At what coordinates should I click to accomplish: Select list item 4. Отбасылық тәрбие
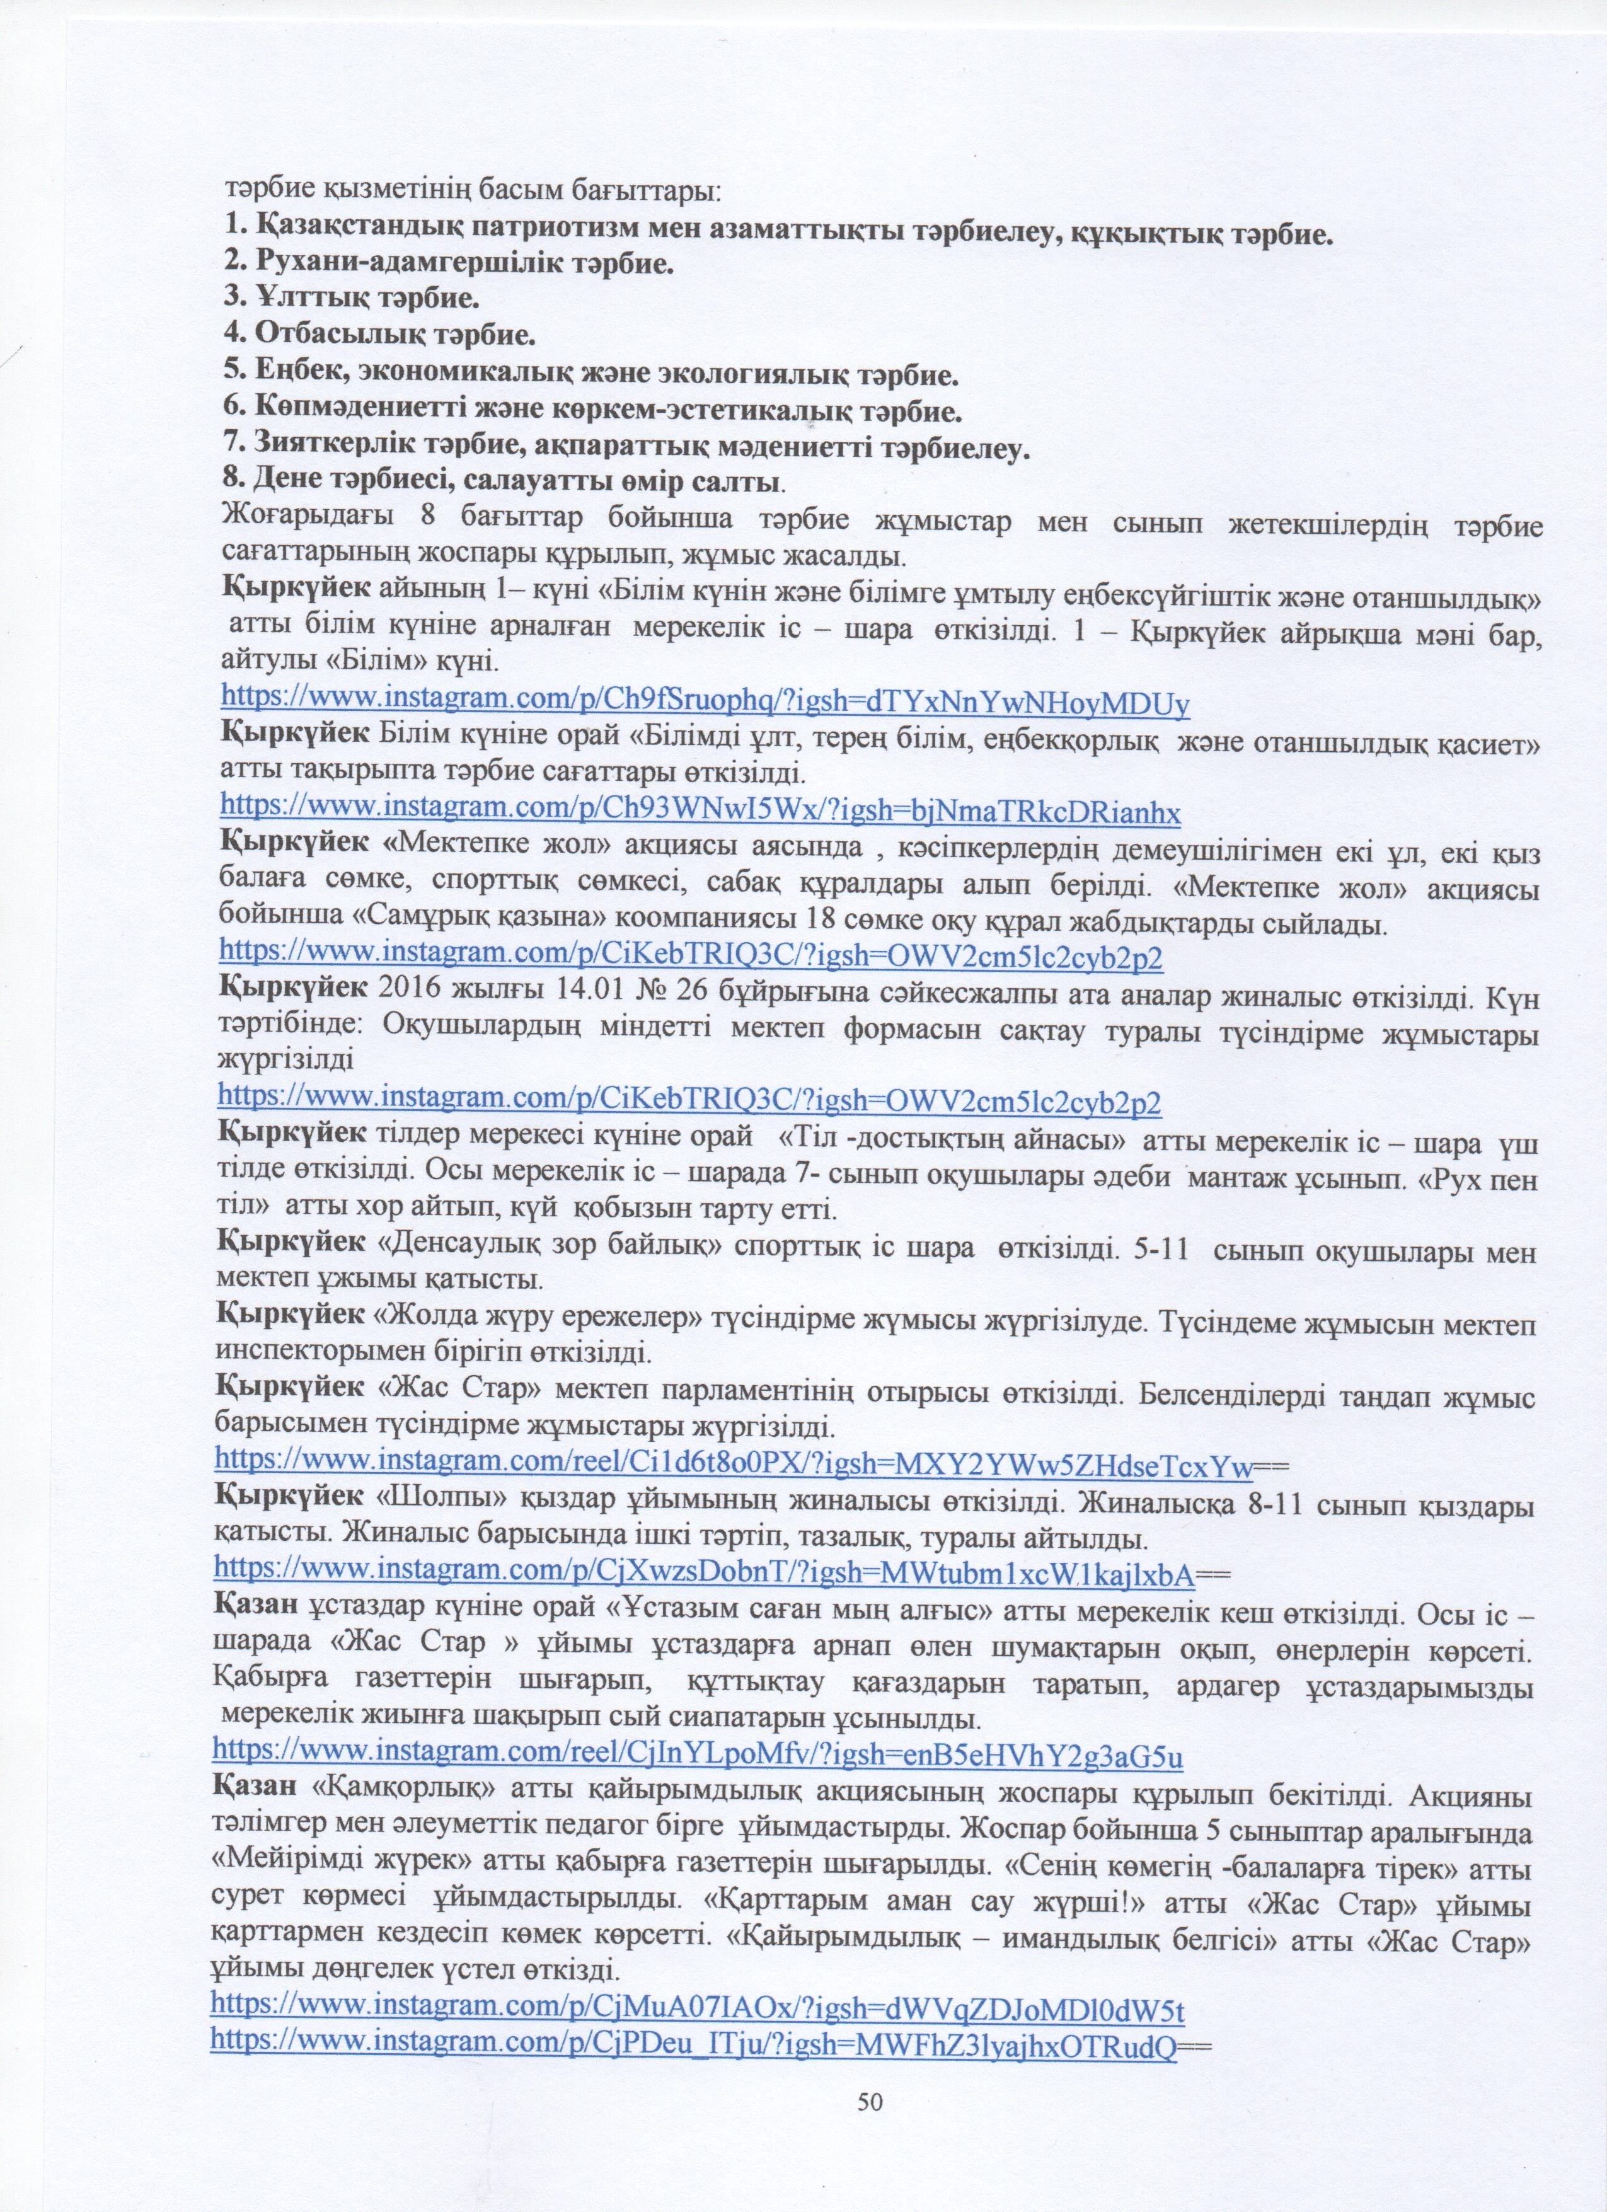pos(379,335)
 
